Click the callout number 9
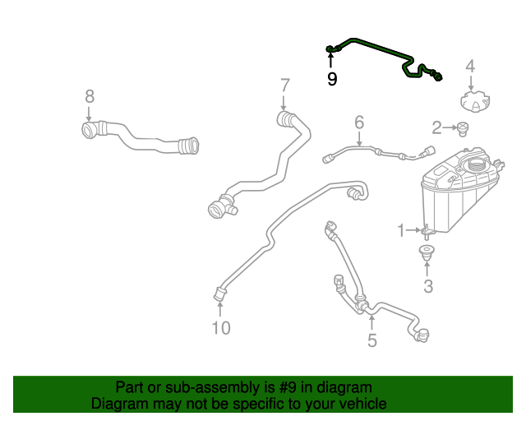332,80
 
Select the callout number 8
90,96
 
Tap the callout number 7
284,85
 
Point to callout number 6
359,123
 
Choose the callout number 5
371,340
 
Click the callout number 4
470,66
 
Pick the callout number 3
427,286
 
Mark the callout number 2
436,127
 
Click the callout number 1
401,231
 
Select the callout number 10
220,328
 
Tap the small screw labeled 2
462,127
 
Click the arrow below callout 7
284,104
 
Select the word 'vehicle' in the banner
362,404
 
